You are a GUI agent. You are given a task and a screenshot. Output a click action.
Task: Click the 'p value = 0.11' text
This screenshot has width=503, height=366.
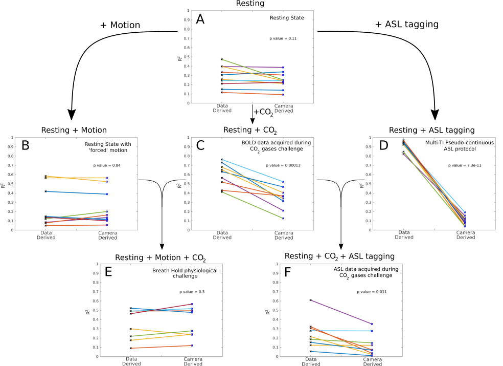(284, 38)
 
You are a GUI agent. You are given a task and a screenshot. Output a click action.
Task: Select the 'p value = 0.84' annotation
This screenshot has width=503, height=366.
(107, 165)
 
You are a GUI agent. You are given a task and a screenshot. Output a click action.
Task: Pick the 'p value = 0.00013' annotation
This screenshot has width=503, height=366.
(282, 165)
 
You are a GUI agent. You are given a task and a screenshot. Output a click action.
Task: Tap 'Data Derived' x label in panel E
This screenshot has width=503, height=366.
(131, 361)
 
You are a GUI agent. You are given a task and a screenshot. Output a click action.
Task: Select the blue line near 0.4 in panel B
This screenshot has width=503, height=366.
(76, 192)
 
